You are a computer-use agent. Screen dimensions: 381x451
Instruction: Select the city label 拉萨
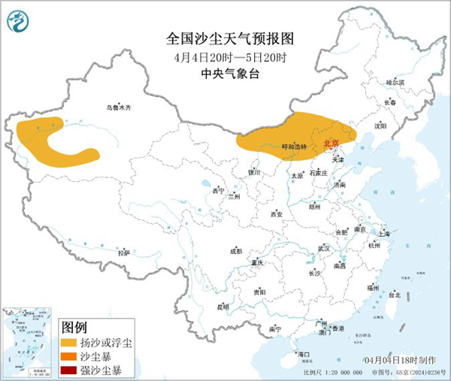124,252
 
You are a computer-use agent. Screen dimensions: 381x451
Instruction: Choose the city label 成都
236,251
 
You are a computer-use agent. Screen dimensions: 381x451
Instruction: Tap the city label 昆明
222,307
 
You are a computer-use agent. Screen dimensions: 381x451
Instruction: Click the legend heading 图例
74,328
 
